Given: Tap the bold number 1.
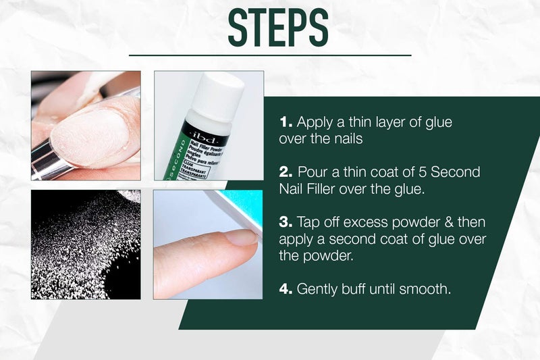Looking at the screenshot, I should point(285,123).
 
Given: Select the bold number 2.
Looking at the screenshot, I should point(285,172).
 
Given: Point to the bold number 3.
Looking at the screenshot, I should point(285,222).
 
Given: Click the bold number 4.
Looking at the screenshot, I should point(285,289).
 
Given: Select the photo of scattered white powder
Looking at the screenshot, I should point(86,244).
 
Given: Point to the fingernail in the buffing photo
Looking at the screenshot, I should point(240,237).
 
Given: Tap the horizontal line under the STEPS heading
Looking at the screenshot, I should point(270,55).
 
